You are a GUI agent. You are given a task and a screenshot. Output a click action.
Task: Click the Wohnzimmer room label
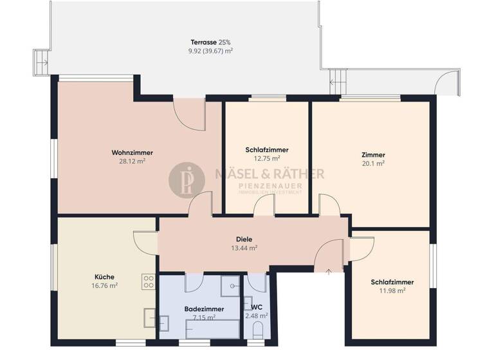(x=132, y=152)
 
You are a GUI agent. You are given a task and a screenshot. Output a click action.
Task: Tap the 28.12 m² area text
(x=132, y=161)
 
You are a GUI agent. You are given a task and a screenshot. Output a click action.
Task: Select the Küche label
(x=104, y=277)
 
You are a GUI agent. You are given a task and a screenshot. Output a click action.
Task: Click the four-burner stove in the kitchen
(x=149, y=281)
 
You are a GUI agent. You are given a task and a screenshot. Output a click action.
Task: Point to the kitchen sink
(x=148, y=317)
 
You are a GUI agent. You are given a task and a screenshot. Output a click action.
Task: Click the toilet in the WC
(x=258, y=330)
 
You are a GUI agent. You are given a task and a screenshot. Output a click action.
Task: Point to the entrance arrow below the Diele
(x=329, y=271)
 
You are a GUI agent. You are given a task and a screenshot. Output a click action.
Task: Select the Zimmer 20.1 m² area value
(x=373, y=163)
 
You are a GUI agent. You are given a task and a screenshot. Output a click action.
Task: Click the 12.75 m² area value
(x=266, y=158)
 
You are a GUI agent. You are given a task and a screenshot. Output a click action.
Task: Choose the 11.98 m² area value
(x=392, y=291)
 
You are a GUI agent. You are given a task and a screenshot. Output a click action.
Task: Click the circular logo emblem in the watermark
(x=187, y=180)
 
